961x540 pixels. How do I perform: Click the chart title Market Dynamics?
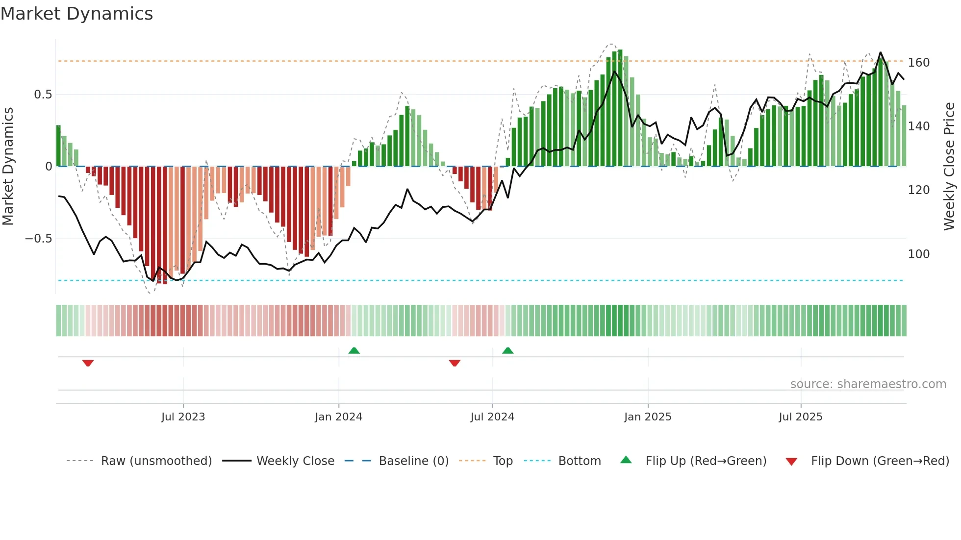coord(77,14)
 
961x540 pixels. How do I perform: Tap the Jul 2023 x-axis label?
coord(183,417)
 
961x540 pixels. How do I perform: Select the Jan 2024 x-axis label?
coord(338,417)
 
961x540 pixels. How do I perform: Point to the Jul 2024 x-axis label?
coord(492,417)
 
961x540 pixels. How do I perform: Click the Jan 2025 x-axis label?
coord(648,417)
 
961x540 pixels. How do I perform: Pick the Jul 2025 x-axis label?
coord(801,417)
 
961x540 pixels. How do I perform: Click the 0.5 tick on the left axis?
coord(43,95)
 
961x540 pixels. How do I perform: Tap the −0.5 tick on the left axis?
coord(39,239)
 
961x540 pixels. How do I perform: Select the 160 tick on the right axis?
coord(919,63)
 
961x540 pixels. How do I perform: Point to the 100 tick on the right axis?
coord(919,254)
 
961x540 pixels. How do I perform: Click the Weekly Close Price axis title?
coord(949,167)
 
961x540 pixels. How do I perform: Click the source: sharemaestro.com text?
coord(868,384)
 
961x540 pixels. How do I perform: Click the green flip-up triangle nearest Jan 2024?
coord(354,350)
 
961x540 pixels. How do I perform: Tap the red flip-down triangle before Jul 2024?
coord(455,363)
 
